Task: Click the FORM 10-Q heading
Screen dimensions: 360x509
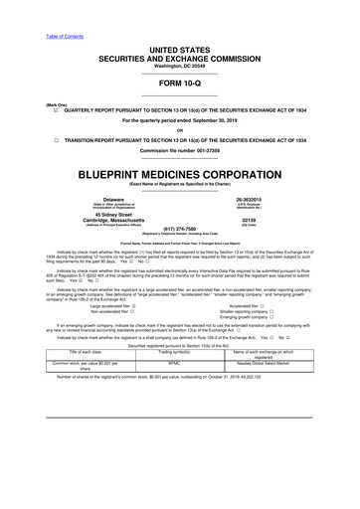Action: [179, 82]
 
